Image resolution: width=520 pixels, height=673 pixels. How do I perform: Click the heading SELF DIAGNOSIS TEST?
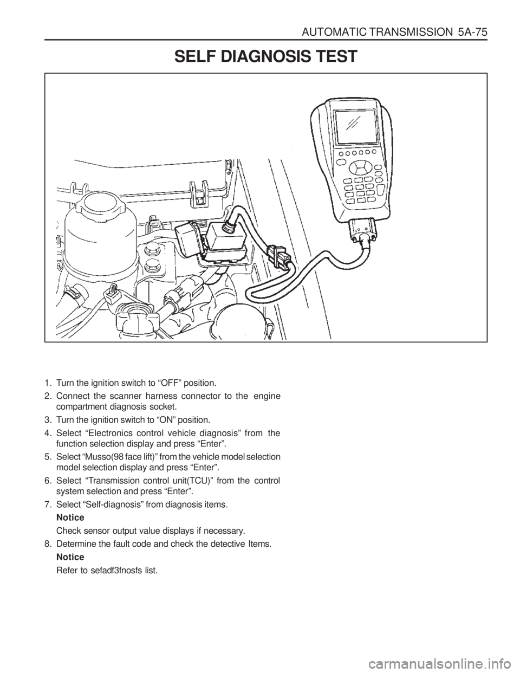click(x=265, y=56)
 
